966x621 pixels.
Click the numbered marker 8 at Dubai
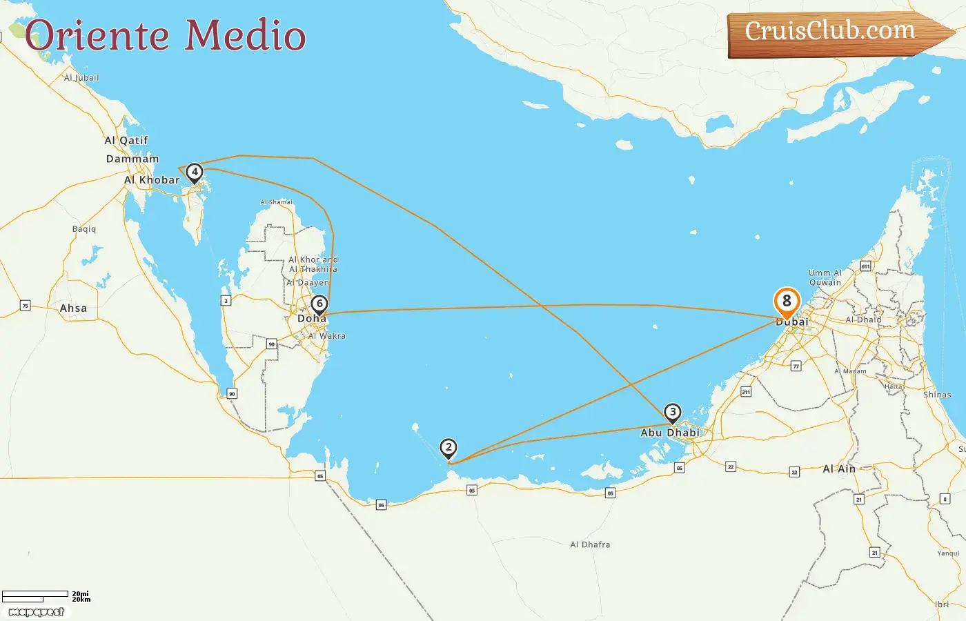pyautogui.click(x=787, y=302)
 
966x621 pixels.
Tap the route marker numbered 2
pyautogui.click(x=448, y=447)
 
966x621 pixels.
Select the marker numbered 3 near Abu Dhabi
pyautogui.click(x=673, y=413)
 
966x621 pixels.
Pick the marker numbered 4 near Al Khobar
pyautogui.click(x=195, y=172)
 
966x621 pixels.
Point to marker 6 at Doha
pyautogui.click(x=319, y=304)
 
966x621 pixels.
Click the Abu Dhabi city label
pyautogui.click(x=669, y=433)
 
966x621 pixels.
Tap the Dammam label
pyautogui.click(x=132, y=159)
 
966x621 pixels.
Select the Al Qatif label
pyautogui.click(x=126, y=140)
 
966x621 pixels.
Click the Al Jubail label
pyautogui.click(x=81, y=78)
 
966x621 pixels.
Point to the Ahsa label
pyautogui.click(x=73, y=308)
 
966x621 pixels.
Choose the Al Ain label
pyautogui.click(x=839, y=469)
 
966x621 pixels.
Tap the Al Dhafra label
pyautogui.click(x=590, y=544)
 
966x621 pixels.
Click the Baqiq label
pyautogui.click(x=84, y=229)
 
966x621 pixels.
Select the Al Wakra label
pyautogui.click(x=327, y=336)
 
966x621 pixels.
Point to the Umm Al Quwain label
pyautogui.click(x=825, y=277)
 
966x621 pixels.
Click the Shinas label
pyautogui.click(x=937, y=395)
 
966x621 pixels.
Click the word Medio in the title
pyautogui.click(x=246, y=36)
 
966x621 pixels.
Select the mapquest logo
pyautogui.click(x=37, y=612)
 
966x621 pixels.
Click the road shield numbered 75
pyautogui.click(x=26, y=306)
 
